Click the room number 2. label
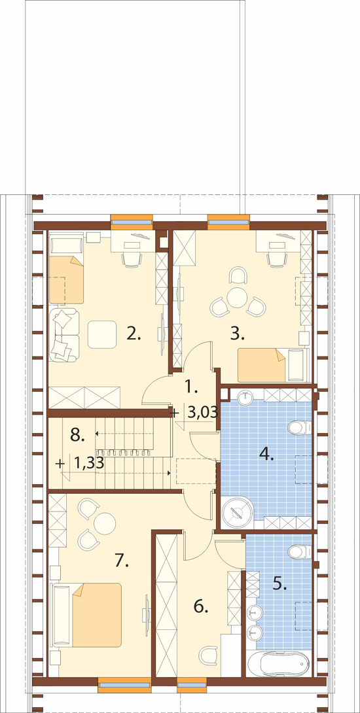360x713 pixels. coord(134,334)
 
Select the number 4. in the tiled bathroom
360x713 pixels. coord(266,453)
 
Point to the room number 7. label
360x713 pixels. coord(121,560)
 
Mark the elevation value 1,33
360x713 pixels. coord(88,463)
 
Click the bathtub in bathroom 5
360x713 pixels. coord(283,664)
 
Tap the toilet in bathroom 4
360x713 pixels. coord(298,428)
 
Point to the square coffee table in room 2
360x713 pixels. coord(101,334)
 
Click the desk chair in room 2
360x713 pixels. coord(132,260)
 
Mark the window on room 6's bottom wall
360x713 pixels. coord(192,686)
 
